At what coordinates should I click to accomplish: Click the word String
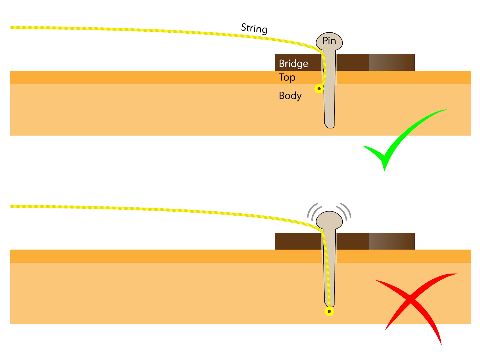(254, 28)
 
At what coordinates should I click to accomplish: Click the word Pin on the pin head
(329, 41)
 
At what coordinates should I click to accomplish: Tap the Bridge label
(293, 64)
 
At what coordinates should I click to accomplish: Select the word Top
(287, 77)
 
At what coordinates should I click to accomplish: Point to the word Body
(290, 96)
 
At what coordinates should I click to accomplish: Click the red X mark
(414, 303)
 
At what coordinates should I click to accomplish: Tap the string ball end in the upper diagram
(319, 89)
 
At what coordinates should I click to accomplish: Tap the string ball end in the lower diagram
(329, 311)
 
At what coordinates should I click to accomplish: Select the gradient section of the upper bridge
(391, 62)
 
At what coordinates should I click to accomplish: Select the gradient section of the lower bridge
(391, 241)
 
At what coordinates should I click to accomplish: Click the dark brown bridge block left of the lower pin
(297, 241)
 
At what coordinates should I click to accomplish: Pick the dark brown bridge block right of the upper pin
(352, 62)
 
